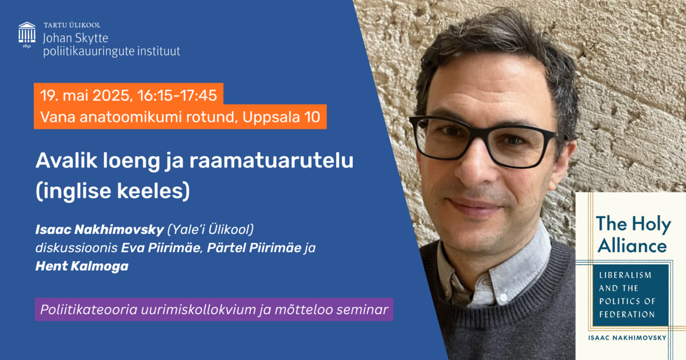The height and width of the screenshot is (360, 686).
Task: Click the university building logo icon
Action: coord(27,35)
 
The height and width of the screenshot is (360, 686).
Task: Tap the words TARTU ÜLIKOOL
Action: coord(72,25)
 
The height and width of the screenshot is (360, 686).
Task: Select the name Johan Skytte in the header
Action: coord(75,38)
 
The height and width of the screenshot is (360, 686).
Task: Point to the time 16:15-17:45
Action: coord(177,95)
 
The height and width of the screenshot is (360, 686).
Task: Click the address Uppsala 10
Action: coord(281,117)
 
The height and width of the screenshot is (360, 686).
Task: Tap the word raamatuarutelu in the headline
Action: coord(272,161)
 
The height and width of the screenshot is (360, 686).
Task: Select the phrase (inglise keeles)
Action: coord(113,191)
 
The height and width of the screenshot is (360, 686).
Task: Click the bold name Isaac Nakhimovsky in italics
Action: coord(99,230)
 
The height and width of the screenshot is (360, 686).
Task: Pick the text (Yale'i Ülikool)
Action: coord(210,230)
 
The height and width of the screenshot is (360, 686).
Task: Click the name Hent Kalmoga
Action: coord(82,266)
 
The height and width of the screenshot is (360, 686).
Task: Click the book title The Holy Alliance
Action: coord(633,234)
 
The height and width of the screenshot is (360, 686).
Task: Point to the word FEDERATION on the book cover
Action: coord(627,314)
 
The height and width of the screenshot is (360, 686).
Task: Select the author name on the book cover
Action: coord(627,338)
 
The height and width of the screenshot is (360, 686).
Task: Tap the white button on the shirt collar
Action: coord(502,297)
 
